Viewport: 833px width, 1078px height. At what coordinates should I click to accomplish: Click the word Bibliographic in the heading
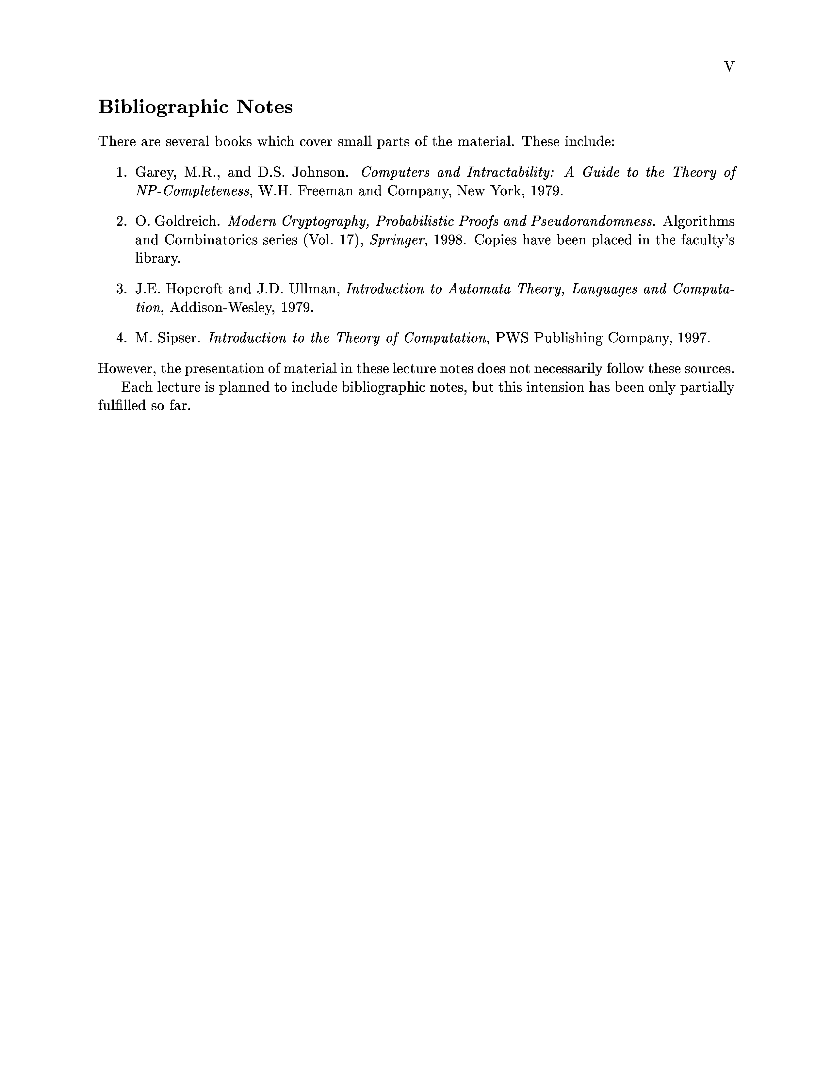[x=163, y=107]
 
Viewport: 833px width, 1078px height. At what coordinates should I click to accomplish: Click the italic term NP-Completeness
[x=192, y=191]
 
